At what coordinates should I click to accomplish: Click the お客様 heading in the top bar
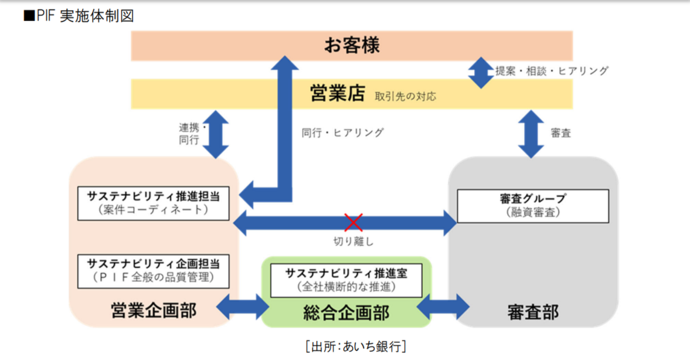[x=352, y=45]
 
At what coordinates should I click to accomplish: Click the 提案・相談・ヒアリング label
[x=552, y=71]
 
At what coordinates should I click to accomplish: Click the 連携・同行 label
[x=189, y=134]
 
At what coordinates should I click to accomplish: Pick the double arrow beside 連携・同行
[x=217, y=134]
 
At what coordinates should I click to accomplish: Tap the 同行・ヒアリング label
[x=342, y=133]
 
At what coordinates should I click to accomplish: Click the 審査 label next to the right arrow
[x=560, y=133]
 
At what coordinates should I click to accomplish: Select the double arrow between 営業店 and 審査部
[x=531, y=134]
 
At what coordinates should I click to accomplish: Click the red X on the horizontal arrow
[x=353, y=223]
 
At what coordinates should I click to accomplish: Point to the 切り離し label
[x=353, y=241]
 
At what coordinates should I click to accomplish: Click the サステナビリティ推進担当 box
[x=153, y=203]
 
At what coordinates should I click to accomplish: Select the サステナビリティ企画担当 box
[x=153, y=270]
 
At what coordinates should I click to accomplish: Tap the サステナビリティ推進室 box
[x=346, y=280]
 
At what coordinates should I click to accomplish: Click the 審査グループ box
[x=532, y=206]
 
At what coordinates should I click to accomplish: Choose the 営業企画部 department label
[x=154, y=310]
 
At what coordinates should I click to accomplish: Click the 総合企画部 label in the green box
[x=346, y=313]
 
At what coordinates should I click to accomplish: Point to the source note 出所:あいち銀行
[x=355, y=346]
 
